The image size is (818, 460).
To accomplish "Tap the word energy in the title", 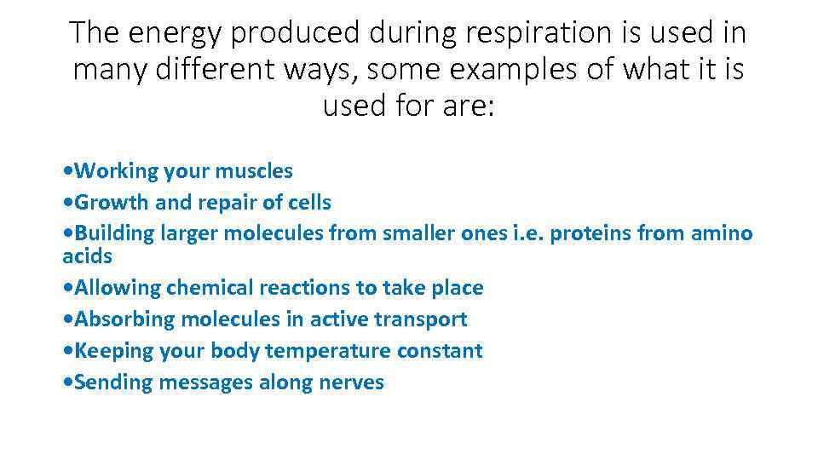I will click(x=175, y=33).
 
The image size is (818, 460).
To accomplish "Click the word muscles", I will click(x=253, y=171).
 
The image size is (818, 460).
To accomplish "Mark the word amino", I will click(x=723, y=233).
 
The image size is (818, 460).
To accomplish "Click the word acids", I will click(x=87, y=256).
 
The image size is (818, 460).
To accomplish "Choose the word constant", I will click(x=445, y=351).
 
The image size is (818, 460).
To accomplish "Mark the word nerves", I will click(x=351, y=382).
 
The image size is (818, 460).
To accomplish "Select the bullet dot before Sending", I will click(x=68, y=383).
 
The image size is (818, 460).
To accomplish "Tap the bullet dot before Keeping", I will click(x=68, y=352).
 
